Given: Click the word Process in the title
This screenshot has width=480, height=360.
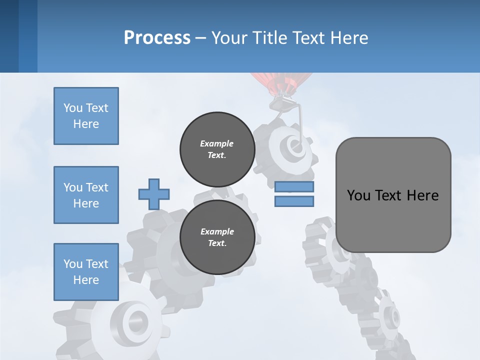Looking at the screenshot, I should click(x=157, y=37).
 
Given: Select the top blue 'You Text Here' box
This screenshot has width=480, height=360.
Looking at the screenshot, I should click(x=86, y=116).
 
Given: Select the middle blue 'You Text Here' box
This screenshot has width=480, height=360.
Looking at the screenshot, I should click(x=86, y=195).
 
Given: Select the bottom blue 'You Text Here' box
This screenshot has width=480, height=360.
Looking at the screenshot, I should click(x=86, y=271).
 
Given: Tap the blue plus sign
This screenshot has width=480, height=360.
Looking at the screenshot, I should click(x=154, y=193).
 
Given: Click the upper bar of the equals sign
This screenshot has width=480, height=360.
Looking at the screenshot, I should click(x=294, y=187).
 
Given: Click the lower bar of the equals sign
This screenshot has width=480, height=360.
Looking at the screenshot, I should click(x=294, y=201).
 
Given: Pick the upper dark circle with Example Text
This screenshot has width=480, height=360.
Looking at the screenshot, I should click(x=217, y=149).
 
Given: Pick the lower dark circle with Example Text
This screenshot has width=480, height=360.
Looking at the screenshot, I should click(x=217, y=237).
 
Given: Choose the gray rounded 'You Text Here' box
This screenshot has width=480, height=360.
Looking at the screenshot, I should click(x=393, y=195).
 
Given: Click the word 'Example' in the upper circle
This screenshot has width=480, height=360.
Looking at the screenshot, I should click(x=217, y=143).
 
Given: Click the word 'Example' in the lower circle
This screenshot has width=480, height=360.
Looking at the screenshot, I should click(x=217, y=231).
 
